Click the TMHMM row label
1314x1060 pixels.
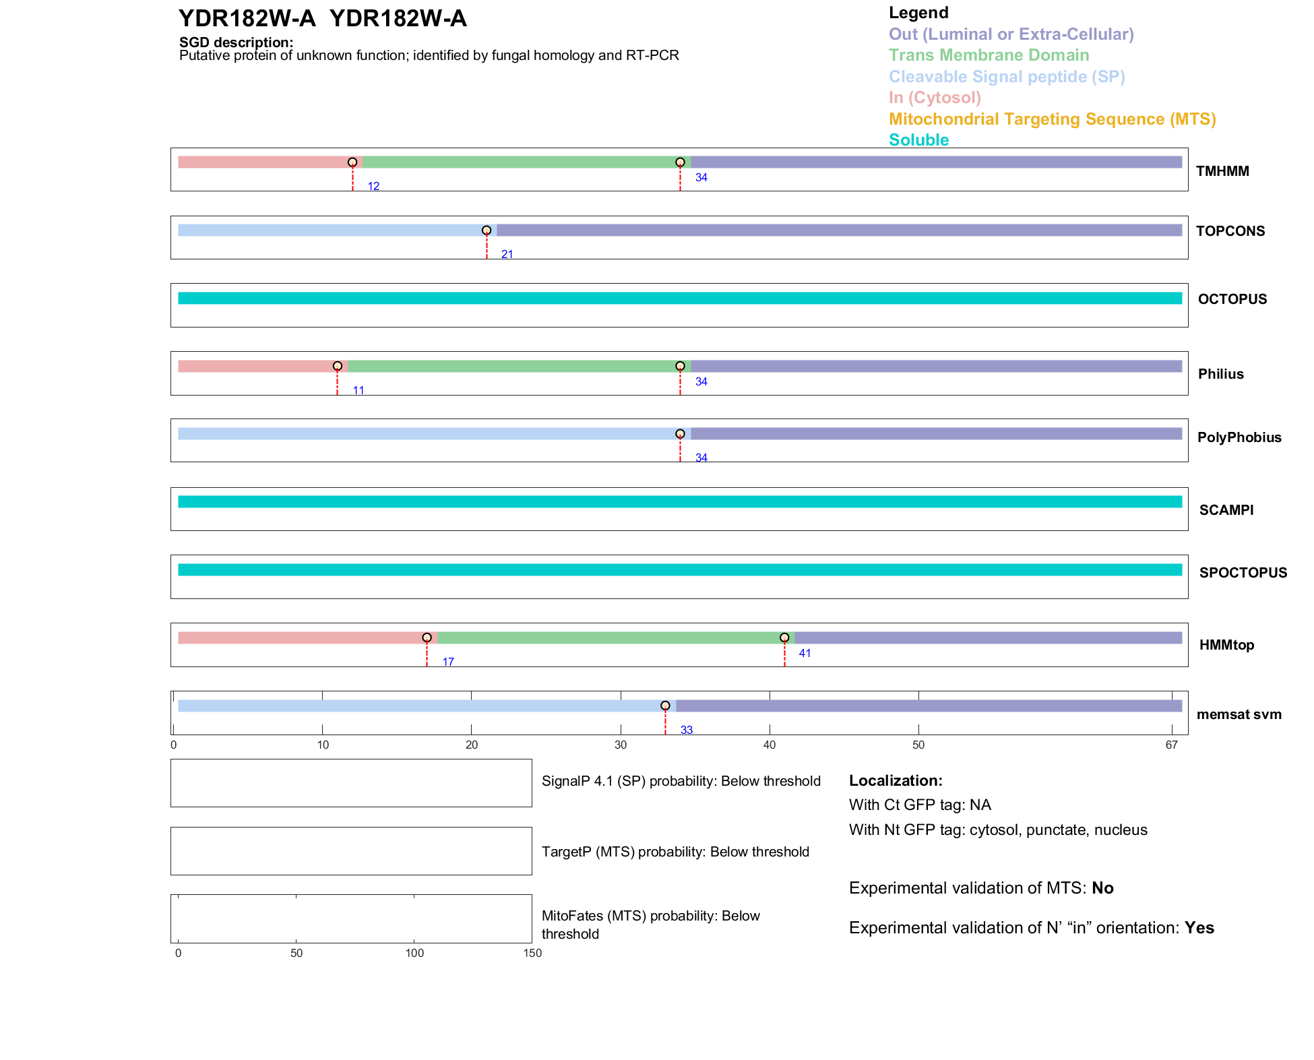pos(1222,171)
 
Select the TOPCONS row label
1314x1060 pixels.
pos(1230,231)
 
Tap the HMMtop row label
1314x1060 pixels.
pos(1226,645)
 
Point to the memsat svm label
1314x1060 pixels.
pos(1239,714)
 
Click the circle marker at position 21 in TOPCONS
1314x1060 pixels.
pos(487,230)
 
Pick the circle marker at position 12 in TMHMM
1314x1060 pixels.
pos(352,162)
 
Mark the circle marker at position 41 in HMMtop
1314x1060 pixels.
pos(784,637)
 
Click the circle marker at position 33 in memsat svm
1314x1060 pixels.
pos(665,706)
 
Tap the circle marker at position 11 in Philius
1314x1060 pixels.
pos(338,366)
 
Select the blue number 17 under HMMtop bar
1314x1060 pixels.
pos(448,662)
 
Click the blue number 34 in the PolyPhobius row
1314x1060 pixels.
pos(701,458)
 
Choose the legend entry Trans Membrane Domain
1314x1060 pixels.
pos(989,55)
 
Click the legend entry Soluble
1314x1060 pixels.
pos(918,140)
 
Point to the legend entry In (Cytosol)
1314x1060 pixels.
pos(935,98)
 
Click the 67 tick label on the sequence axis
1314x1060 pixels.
pos(1172,745)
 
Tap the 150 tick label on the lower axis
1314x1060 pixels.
pos(532,953)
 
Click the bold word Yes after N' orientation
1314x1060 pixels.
pos(1199,928)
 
